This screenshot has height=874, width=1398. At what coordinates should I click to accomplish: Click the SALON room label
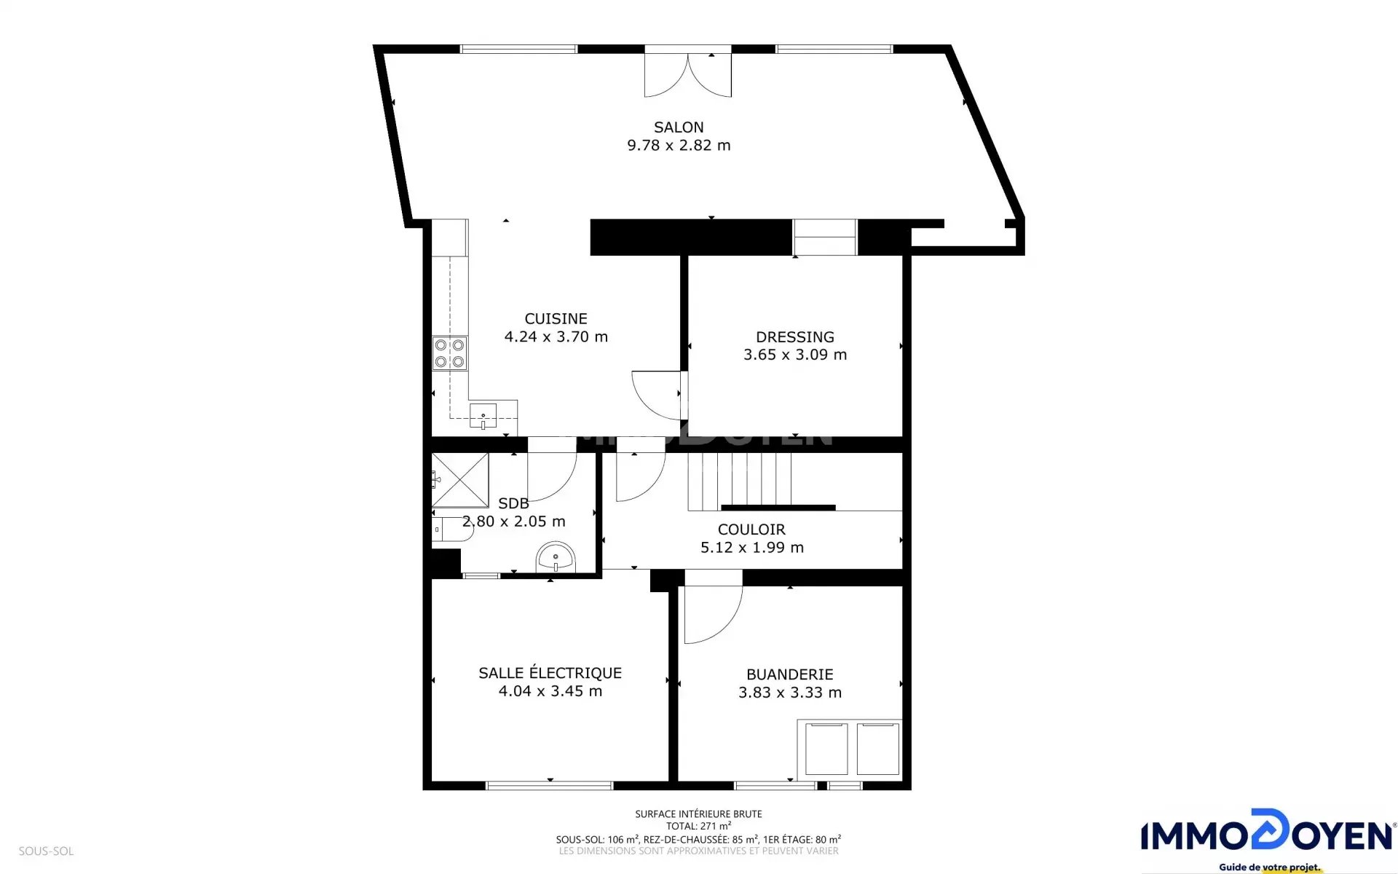(x=679, y=127)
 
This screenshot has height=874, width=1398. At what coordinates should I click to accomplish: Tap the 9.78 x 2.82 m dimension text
(x=679, y=146)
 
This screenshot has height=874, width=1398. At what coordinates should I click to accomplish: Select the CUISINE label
(x=556, y=319)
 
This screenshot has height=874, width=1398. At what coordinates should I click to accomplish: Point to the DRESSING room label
(x=795, y=337)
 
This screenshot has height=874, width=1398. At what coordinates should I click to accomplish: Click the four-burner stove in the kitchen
(x=450, y=353)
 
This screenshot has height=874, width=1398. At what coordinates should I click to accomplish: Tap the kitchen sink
(x=483, y=416)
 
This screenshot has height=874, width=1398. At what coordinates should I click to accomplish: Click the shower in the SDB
(x=460, y=480)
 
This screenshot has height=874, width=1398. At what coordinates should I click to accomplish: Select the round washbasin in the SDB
(x=556, y=559)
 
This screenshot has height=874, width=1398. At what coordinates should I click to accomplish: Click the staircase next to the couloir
(x=740, y=481)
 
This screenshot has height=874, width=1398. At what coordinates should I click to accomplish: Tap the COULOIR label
(x=751, y=530)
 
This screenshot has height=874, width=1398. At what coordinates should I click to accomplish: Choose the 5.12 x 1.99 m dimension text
(x=752, y=548)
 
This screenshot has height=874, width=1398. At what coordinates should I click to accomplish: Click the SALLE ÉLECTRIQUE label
(x=550, y=673)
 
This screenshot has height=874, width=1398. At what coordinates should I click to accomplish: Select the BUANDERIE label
(x=790, y=675)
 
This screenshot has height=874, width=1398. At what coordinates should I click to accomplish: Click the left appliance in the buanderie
(x=826, y=749)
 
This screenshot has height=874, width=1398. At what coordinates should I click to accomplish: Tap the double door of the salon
(x=688, y=74)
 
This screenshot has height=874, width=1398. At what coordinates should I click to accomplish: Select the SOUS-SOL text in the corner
(x=46, y=851)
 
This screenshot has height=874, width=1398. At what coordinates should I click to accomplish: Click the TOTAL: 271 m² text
(x=698, y=827)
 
